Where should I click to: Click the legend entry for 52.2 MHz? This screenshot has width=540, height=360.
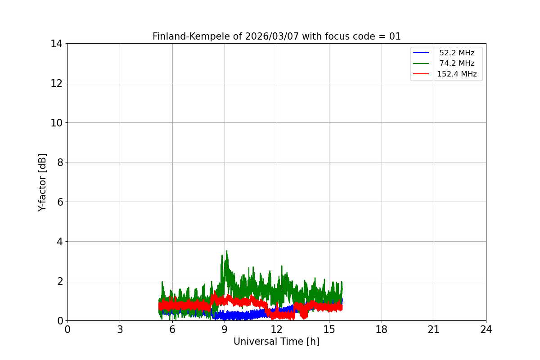point(456,53)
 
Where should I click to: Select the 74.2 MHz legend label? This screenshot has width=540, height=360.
point(456,63)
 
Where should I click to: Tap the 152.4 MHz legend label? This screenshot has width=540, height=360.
point(456,74)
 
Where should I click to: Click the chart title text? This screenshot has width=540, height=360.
point(276,36)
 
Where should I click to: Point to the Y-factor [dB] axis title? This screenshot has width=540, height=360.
point(42,182)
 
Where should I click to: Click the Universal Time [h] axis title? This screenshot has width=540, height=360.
point(276,342)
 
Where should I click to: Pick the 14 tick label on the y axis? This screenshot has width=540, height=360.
point(57,44)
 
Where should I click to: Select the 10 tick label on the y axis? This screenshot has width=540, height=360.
point(57,123)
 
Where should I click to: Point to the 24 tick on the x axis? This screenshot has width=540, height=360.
point(486,330)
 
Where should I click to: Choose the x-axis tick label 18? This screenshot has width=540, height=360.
point(382,330)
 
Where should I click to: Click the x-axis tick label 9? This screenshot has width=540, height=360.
point(225,330)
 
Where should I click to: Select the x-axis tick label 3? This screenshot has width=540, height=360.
point(120,330)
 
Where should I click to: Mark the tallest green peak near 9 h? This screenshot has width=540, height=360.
point(226,251)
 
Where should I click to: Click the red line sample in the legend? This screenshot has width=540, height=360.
point(421,74)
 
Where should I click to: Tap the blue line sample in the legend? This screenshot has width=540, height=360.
point(421,53)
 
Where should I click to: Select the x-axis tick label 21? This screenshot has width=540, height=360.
point(434,330)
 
